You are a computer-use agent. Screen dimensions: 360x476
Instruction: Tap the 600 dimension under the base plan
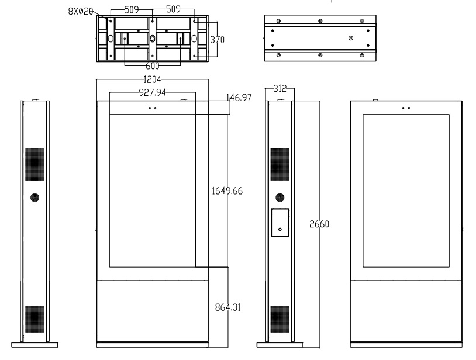(x=153, y=65)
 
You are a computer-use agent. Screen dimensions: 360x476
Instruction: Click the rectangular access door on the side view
(x=280, y=223)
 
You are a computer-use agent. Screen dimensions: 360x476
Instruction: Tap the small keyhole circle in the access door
(x=280, y=229)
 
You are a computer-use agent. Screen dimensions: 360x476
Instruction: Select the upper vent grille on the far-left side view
(x=34, y=164)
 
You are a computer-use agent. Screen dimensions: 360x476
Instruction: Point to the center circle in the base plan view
(x=152, y=39)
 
